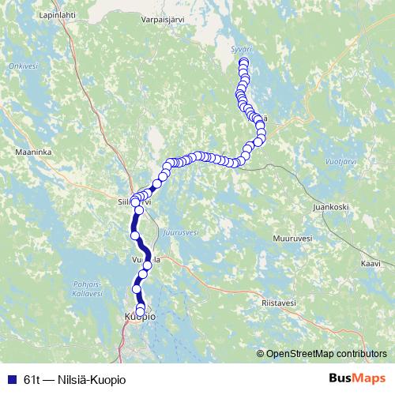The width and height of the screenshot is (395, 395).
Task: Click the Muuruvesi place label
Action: click(x=292, y=238)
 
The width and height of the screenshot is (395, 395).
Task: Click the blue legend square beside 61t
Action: click(x=13, y=378)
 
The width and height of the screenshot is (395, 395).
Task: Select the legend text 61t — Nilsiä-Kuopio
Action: click(x=74, y=378)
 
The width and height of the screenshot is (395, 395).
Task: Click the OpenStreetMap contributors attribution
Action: click(x=325, y=355)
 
